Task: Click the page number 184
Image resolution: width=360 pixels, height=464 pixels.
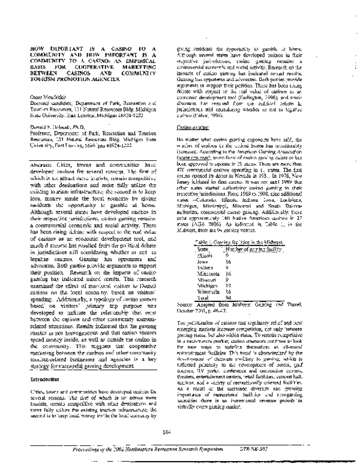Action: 179,429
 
